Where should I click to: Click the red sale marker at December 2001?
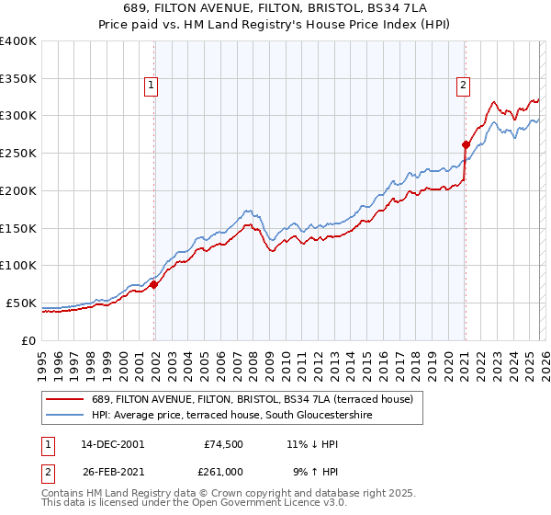tap(154, 284)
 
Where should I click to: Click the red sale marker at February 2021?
tap(466, 143)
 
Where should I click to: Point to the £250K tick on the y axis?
tap(18, 153)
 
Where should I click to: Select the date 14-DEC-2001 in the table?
tap(110, 443)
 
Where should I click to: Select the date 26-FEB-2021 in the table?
tap(110, 471)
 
